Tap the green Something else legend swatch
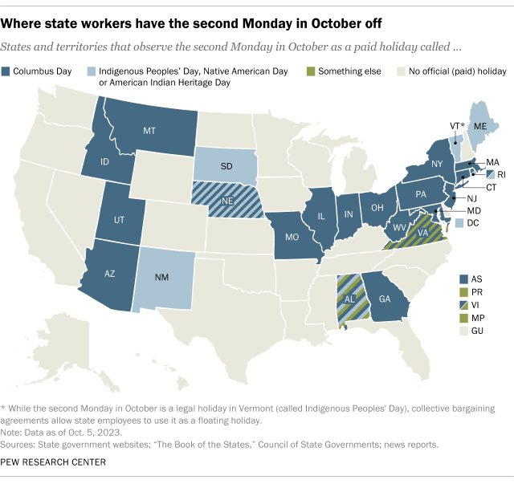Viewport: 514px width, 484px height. tap(311, 71)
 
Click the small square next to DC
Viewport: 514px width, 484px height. tap(459, 222)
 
